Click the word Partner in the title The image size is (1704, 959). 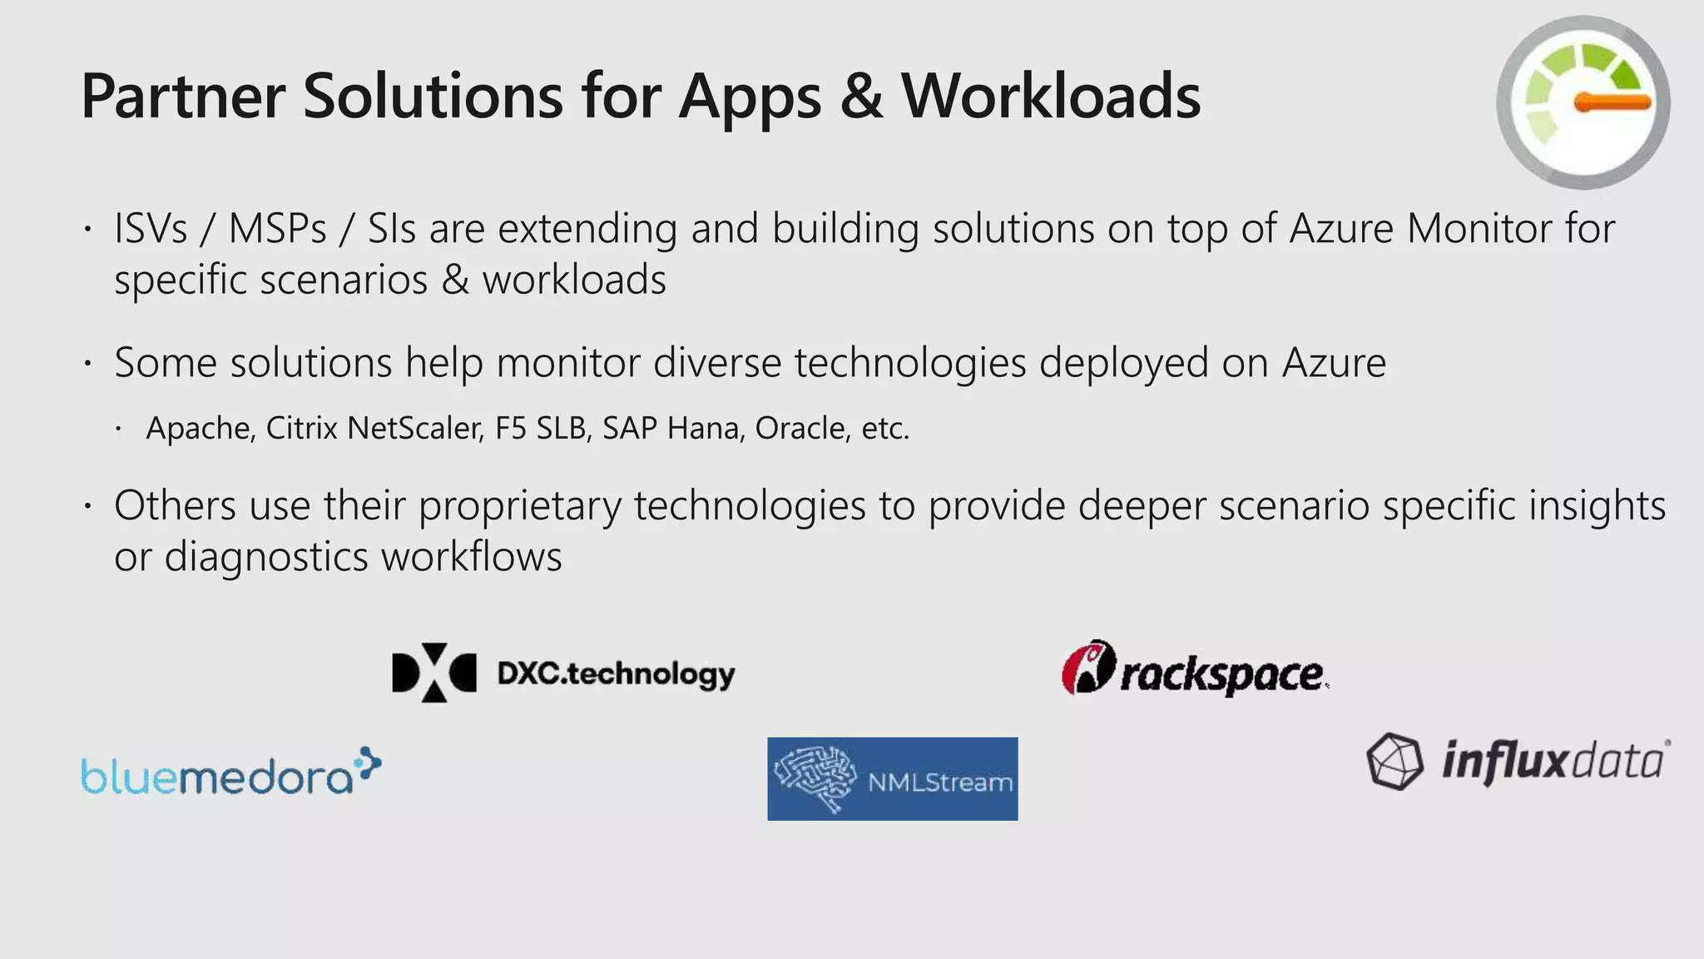(183, 97)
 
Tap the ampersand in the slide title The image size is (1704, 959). (861, 97)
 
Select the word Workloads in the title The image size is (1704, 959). (1051, 97)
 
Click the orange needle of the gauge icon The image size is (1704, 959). (1612, 102)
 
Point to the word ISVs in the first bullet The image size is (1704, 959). (151, 229)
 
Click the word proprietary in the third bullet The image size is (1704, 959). (519, 506)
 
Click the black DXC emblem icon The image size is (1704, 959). (433, 673)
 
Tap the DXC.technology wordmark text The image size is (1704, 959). (616, 674)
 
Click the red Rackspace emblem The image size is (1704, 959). (1087, 668)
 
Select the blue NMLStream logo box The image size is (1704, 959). (892, 778)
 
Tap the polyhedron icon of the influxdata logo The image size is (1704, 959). (1394, 761)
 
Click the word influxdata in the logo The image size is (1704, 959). (1553, 761)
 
